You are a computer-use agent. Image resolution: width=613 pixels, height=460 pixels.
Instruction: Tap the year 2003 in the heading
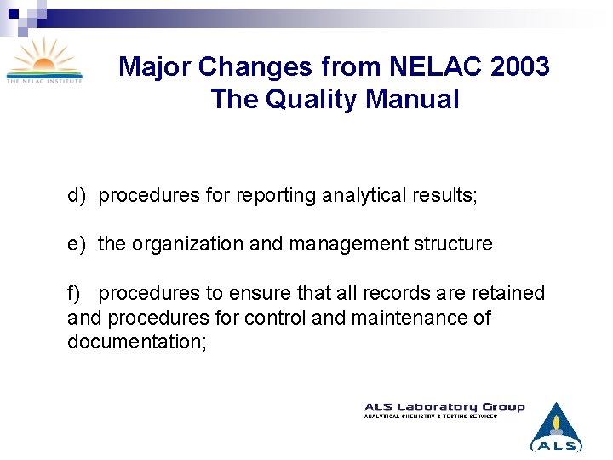(x=520, y=66)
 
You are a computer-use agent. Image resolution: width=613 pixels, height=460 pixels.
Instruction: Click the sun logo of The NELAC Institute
(x=44, y=60)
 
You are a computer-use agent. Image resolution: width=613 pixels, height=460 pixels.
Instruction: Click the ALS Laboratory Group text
(x=444, y=407)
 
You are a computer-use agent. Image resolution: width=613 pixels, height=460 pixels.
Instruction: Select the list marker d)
(x=77, y=196)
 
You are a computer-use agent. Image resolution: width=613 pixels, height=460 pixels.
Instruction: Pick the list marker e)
(x=77, y=244)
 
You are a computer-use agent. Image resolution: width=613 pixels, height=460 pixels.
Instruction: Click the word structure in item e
(x=454, y=244)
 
